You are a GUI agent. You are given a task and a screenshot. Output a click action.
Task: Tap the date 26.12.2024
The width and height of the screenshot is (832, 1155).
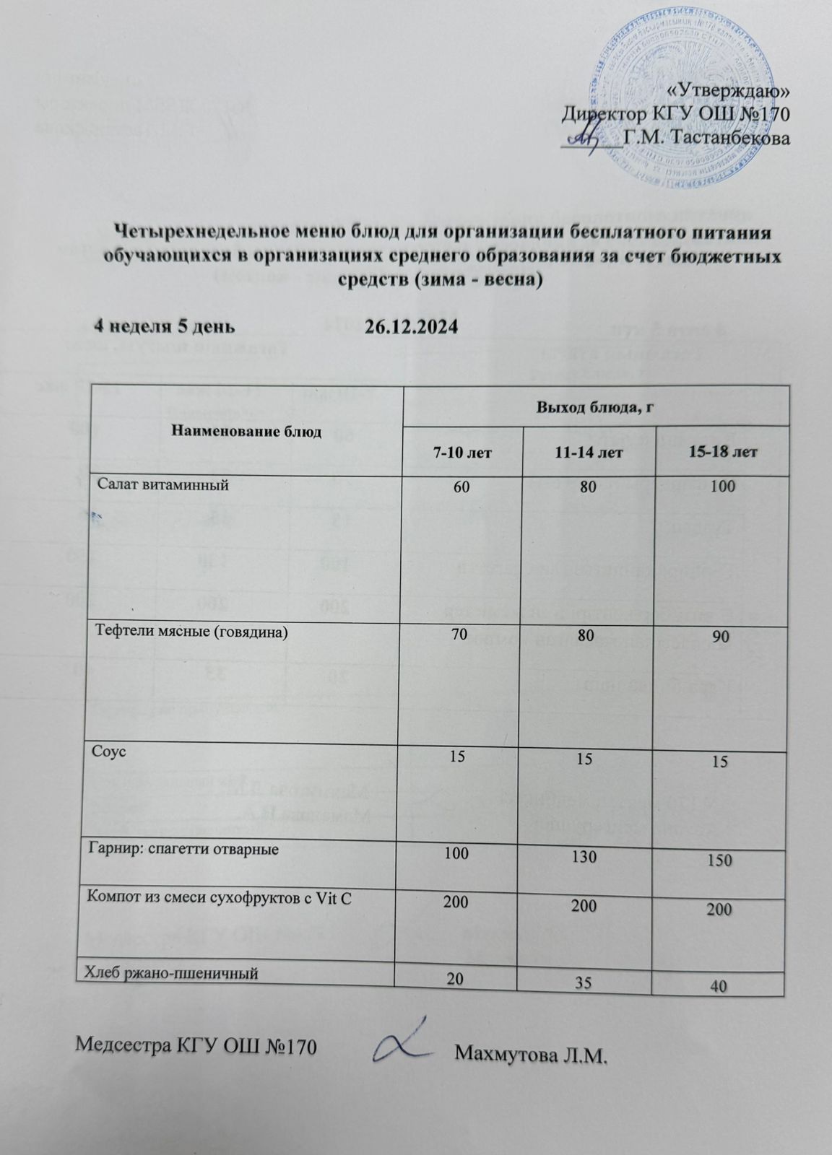pyautogui.click(x=411, y=327)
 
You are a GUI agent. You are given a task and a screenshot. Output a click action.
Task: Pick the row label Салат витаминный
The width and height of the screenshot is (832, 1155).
pyautogui.click(x=162, y=485)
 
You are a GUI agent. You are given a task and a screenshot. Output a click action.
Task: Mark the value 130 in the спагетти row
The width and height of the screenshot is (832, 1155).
pyautogui.click(x=589, y=857)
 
